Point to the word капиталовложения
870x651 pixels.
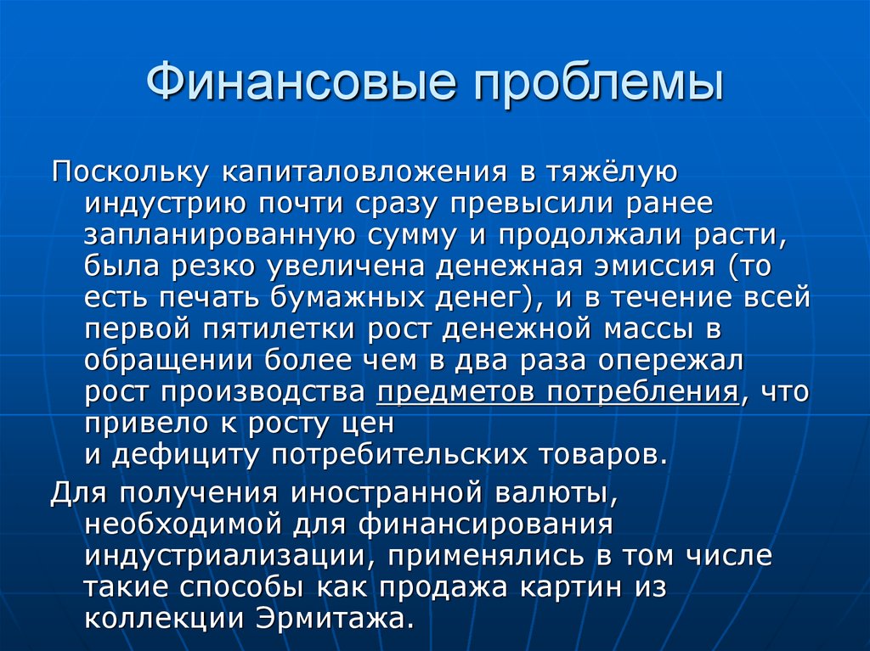pyautogui.click(x=352, y=174)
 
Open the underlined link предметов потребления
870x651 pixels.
pyautogui.click(x=556, y=392)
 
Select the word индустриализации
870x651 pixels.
pyautogui.click(x=221, y=557)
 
